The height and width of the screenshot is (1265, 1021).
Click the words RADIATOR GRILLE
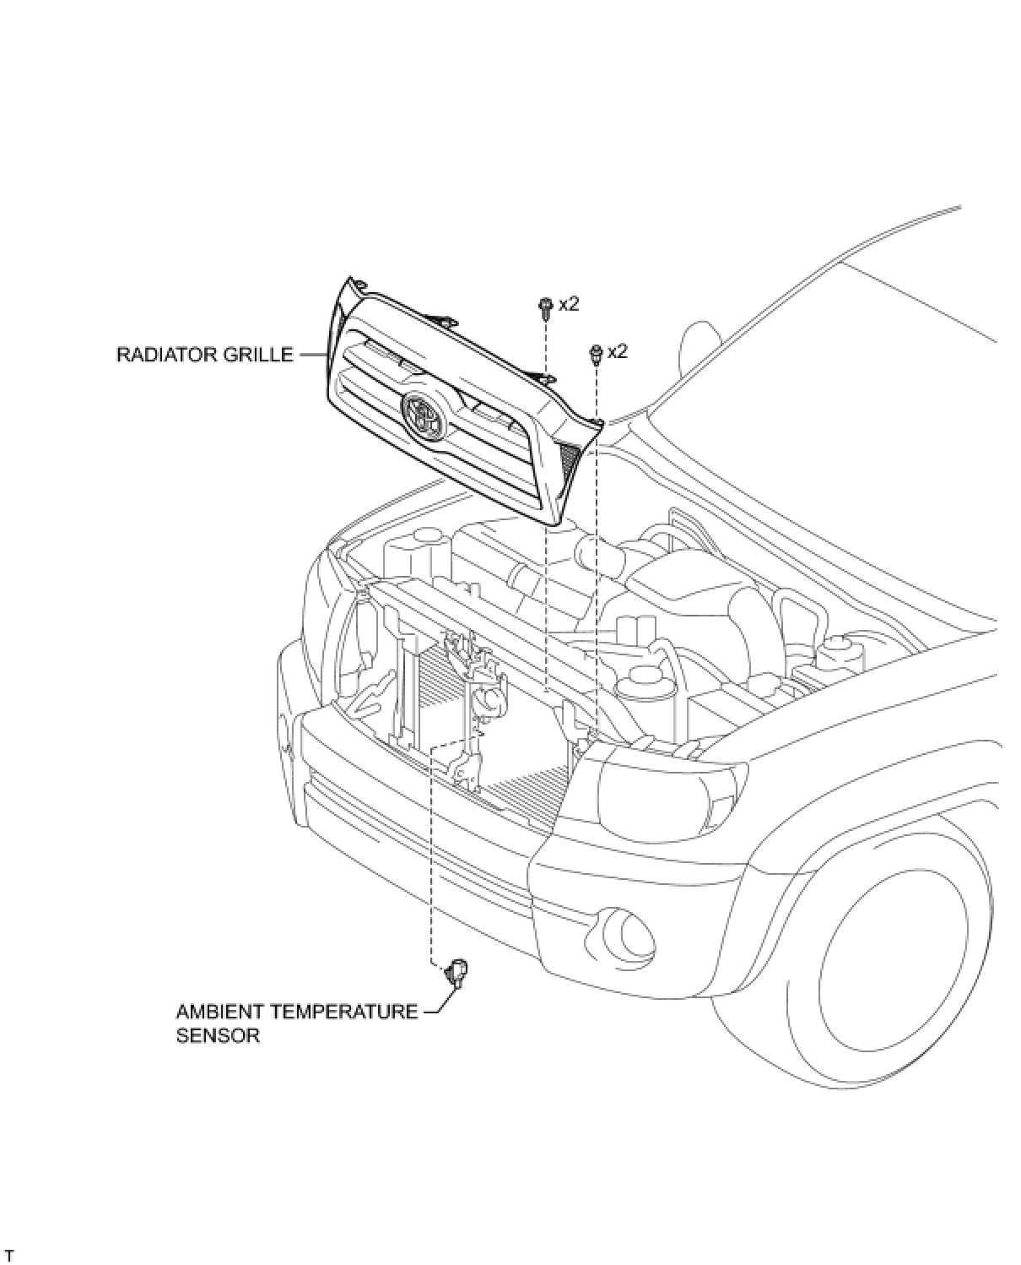click(x=204, y=355)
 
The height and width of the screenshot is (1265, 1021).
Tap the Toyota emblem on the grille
click(x=423, y=414)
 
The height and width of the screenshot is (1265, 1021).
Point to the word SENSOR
click(x=218, y=1035)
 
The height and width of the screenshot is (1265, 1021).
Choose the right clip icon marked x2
click(x=596, y=354)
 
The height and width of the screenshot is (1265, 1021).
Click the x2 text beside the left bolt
click(x=569, y=304)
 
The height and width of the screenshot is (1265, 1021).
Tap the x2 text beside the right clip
click(x=618, y=351)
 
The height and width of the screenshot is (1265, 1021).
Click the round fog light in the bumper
click(x=627, y=931)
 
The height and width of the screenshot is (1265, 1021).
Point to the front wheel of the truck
click(x=894, y=963)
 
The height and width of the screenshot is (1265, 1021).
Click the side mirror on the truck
click(x=696, y=342)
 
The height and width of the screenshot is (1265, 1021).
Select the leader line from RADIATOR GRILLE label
click(x=310, y=355)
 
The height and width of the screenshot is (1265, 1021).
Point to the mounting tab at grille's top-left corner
click(x=359, y=285)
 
